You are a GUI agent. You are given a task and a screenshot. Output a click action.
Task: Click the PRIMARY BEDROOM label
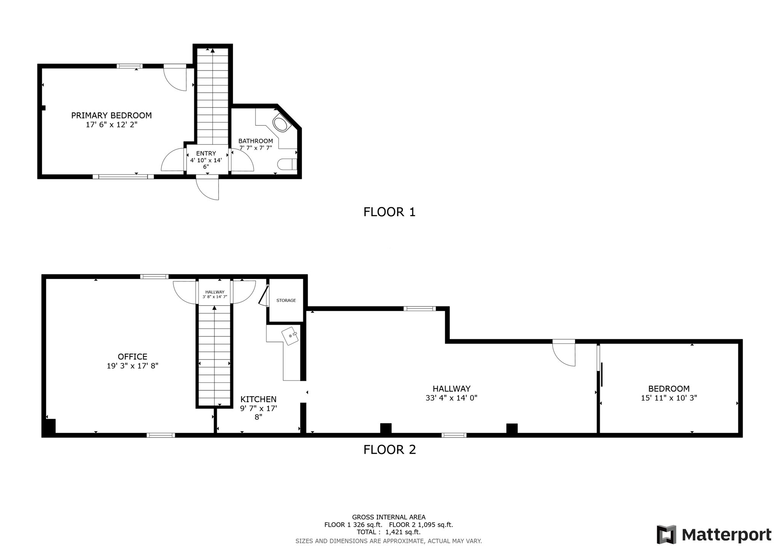point(111,115)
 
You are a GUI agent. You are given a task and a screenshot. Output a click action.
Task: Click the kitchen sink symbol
point(291,336)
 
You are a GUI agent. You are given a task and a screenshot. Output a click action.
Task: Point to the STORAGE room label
point(286,300)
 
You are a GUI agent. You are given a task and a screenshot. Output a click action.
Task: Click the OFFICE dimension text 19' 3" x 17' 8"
point(132,366)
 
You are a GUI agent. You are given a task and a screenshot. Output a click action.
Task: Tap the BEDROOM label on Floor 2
point(669,389)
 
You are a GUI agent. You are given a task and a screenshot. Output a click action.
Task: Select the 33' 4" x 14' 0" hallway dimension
point(451,398)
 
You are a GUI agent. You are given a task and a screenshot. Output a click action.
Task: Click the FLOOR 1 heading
point(389,212)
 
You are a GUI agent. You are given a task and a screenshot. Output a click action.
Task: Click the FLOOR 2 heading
point(389,450)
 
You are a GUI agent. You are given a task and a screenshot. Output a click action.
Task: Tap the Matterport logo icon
point(666,534)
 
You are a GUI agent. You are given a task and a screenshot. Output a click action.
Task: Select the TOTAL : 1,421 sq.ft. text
point(388,532)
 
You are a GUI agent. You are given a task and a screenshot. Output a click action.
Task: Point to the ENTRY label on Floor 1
point(206,154)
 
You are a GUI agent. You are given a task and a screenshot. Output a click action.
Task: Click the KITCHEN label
point(258,399)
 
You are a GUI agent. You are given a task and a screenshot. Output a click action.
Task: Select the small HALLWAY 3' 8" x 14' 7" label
point(215,294)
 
